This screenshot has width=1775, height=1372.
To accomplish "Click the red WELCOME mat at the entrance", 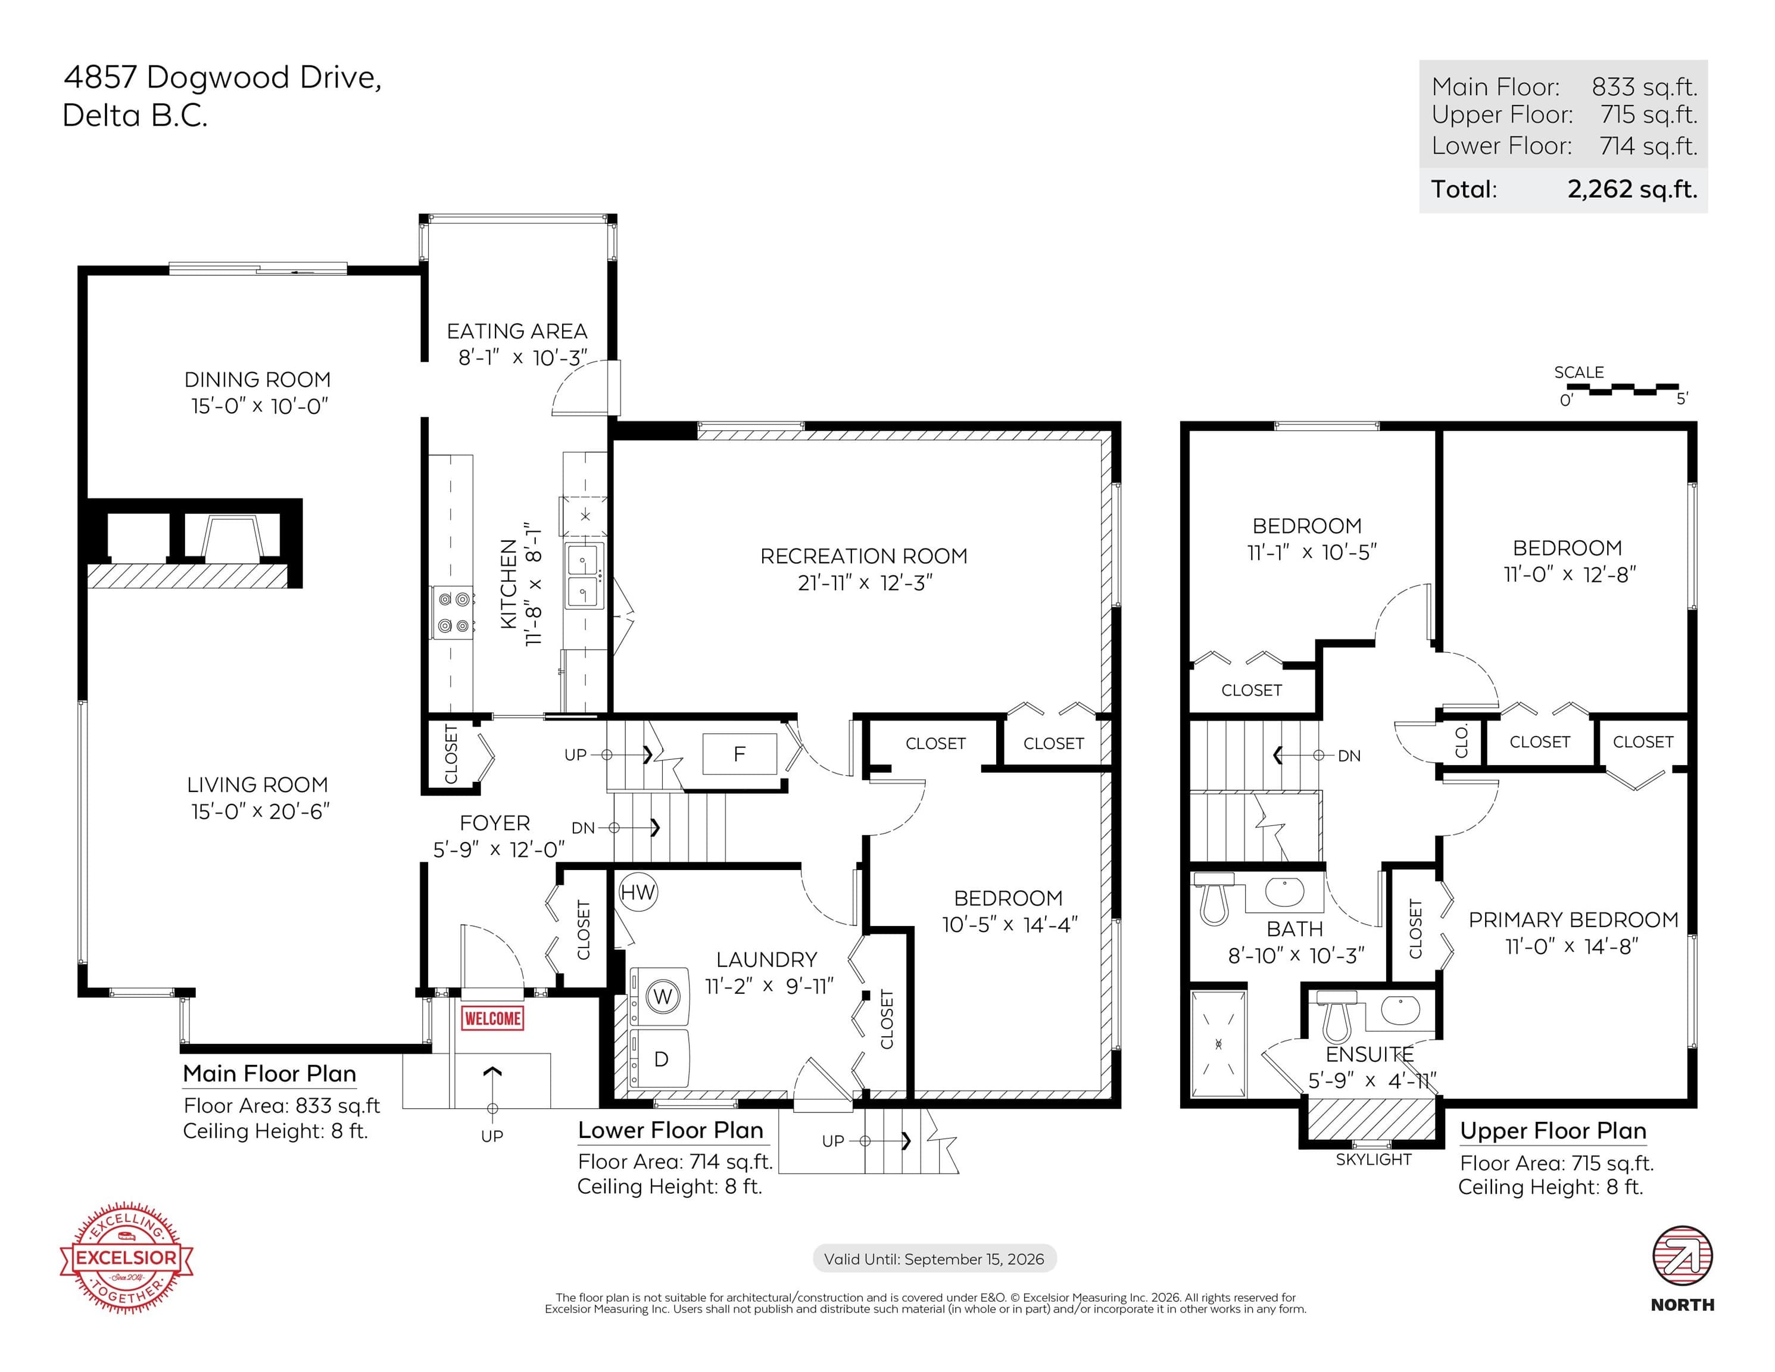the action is pos(492,1018).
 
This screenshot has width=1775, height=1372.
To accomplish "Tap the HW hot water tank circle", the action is pos(637,893).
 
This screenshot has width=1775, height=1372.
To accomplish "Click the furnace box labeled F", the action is pos(739,753).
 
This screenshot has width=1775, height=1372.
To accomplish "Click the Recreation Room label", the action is pos(864,556).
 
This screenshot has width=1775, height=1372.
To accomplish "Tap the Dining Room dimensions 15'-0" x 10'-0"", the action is pos(260,406).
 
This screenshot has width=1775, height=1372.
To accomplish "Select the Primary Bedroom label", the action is pos(1573,919).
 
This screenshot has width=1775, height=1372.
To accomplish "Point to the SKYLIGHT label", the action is pos(1374,1160).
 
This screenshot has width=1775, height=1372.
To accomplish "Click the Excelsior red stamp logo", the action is pos(127,1258).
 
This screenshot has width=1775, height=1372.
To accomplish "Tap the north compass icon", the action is pos(1682,1256).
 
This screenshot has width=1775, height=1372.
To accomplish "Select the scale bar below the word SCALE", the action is pos(1622,389).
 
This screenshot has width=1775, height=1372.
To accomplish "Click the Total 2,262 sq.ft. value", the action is pos(1632,189).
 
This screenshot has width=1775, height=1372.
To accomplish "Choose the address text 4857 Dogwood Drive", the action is pos(222,78).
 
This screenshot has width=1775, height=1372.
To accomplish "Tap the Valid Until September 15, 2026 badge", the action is pos(935,1259).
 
